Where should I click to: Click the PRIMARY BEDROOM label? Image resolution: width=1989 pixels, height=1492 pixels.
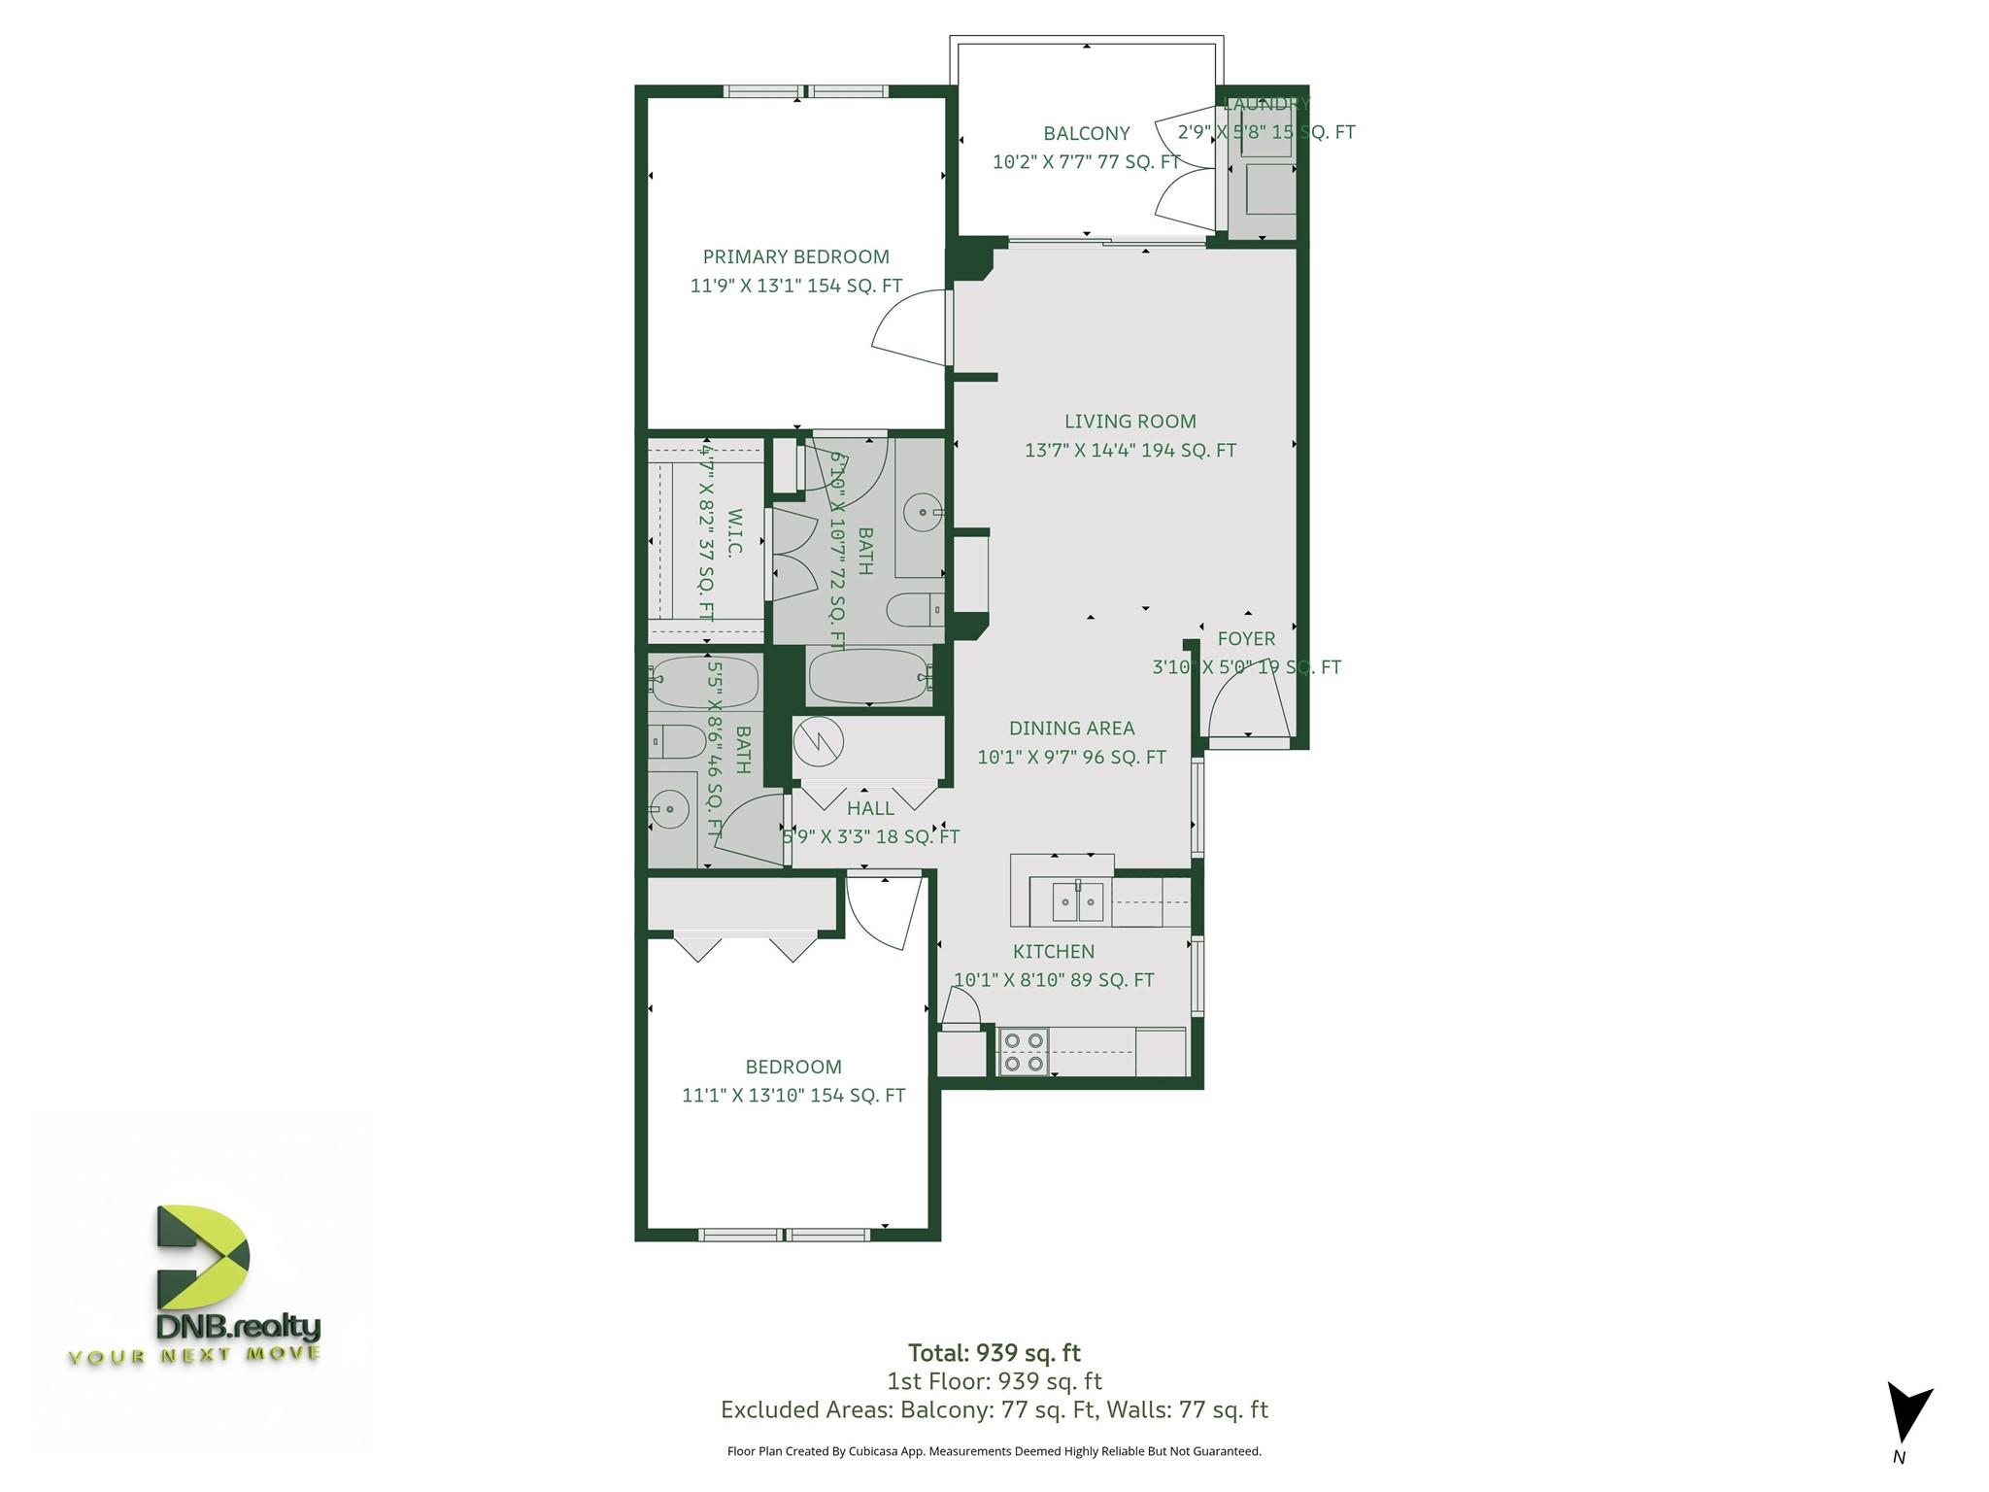[795, 256]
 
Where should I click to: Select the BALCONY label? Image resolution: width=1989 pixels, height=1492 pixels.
[1087, 133]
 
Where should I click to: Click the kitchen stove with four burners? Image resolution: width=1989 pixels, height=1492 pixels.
[1025, 1052]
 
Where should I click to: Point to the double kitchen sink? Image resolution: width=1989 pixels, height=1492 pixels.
[1078, 902]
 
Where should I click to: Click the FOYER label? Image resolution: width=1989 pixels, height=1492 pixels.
[1246, 639]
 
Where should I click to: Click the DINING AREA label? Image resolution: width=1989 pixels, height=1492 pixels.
[1071, 729]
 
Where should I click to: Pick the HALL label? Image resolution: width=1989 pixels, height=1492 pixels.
[870, 808]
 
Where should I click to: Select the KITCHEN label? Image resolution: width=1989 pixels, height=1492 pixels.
[1054, 952]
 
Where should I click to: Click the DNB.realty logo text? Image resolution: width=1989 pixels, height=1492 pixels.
[238, 1327]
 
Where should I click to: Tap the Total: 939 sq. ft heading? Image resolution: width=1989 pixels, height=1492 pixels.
[994, 1353]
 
